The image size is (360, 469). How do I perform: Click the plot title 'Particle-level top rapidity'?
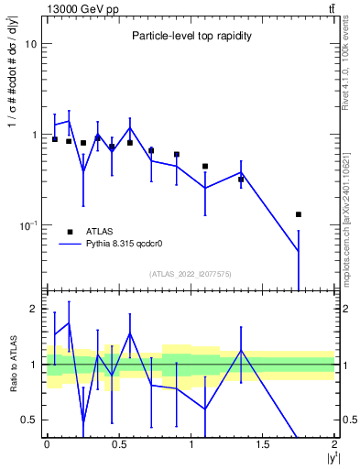[191, 36]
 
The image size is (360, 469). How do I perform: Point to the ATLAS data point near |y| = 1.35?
[241, 180]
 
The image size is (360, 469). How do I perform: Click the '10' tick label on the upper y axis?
[30, 44]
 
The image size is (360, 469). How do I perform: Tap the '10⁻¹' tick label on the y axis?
[28, 225]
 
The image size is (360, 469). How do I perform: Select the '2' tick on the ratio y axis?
[34, 310]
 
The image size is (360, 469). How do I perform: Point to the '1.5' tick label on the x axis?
[262, 446]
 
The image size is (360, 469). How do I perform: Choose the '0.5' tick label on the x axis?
[118, 446]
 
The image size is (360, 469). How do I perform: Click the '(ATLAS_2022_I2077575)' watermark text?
[191, 274]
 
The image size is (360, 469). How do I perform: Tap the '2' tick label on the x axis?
[334, 446]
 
